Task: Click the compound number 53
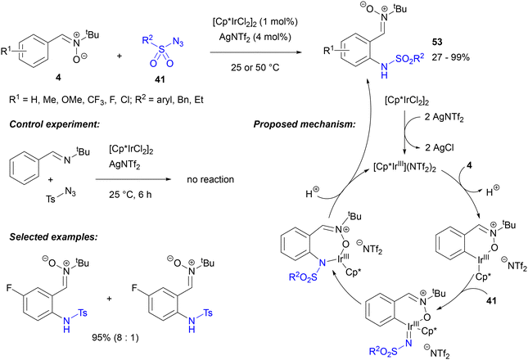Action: point(437,42)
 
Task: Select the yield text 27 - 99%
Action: point(450,57)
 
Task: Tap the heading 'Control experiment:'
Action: point(55,124)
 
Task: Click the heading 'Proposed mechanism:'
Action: point(305,124)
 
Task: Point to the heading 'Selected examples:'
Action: point(53,236)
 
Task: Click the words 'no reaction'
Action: point(210,179)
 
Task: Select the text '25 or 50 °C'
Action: point(255,67)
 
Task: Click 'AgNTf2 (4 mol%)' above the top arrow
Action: point(255,37)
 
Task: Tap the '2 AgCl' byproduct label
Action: point(439,148)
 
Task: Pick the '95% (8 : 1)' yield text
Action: point(115,337)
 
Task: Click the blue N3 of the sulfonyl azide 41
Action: point(178,42)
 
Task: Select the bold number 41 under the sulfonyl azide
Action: point(160,79)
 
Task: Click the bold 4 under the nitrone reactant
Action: point(58,78)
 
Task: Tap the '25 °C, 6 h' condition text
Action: point(130,195)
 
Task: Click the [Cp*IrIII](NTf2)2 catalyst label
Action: point(404,167)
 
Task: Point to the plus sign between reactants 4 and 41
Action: point(120,56)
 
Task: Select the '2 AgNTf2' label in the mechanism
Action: point(444,118)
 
